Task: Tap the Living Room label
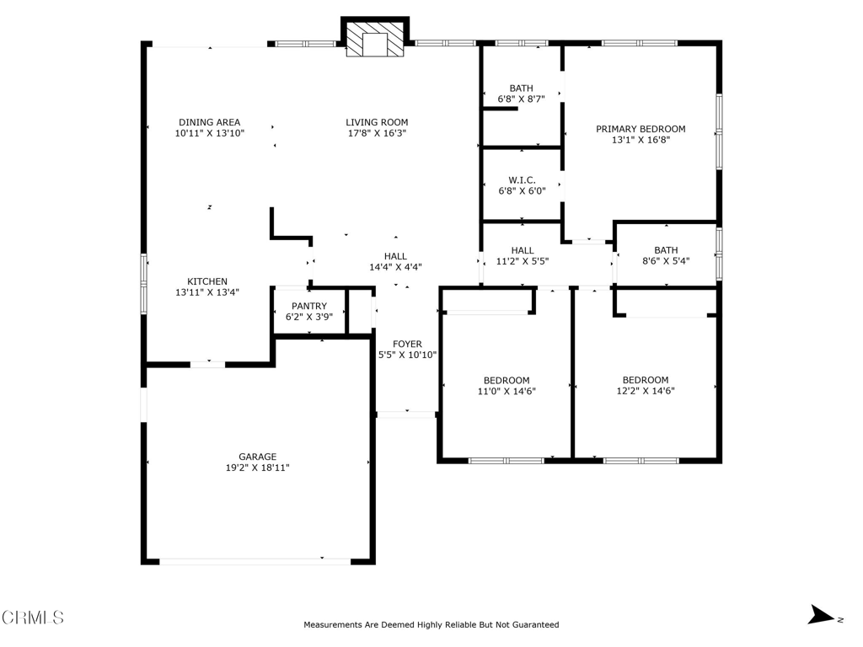pyautogui.click(x=377, y=122)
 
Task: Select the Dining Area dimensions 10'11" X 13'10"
pyautogui.click(x=210, y=133)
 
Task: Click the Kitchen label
pyautogui.click(x=207, y=281)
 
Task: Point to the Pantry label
pyautogui.click(x=309, y=306)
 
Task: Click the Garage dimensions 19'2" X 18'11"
pyautogui.click(x=258, y=468)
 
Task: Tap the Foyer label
pyautogui.click(x=407, y=344)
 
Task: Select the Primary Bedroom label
pyautogui.click(x=641, y=129)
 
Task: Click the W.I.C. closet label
pyautogui.click(x=522, y=180)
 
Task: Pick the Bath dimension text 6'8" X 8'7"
pyautogui.click(x=521, y=99)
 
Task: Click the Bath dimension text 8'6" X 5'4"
pyautogui.click(x=666, y=261)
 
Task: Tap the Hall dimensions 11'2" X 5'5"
pyautogui.click(x=523, y=261)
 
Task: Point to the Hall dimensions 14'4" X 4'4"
pyautogui.click(x=396, y=267)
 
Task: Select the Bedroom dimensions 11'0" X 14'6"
pyautogui.click(x=507, y=391)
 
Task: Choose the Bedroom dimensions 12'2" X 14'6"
pyautogui.click(x=646, y=391)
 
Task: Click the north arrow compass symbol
pyautogui.click(x=821, y=614)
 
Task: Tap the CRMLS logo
pyautogui.click(x=33, y=618)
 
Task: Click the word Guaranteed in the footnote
pyautogui.click(x=535, y=624)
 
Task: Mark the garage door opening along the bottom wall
pyautogui.click(x=255, y=562)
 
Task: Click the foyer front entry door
pyautogui.click(x=407, y=414)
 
